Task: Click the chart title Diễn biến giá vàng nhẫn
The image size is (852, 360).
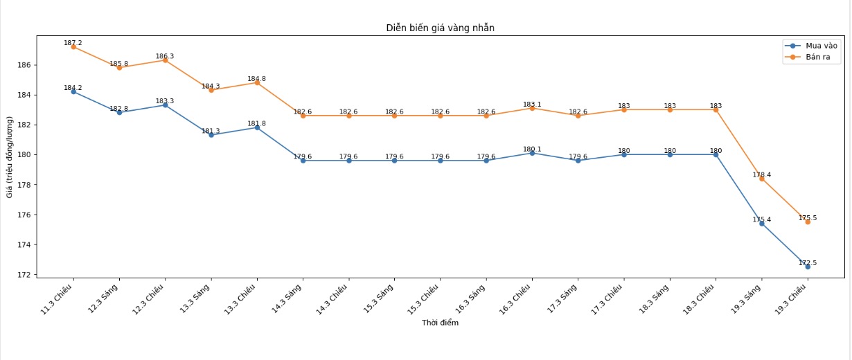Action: [x=440, y=28]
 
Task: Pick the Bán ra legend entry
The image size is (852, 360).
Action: [x=817, y=57]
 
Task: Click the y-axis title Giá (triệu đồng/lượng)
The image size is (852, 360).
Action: [x=10, y=157]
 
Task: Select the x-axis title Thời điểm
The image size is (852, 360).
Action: [x=440, y=323]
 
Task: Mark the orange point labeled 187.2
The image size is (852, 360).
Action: [x=73, y=46]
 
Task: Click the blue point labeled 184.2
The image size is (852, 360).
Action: [x=73, y=91]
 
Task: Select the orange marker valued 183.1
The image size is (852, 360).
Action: [x=532, y=108]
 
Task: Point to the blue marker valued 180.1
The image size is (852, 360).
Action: [x=532, y=153]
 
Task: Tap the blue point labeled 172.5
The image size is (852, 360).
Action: [x=808, y=267]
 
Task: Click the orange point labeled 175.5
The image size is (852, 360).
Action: [x=808, y=222]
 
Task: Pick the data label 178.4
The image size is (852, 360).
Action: [x=762, y=174]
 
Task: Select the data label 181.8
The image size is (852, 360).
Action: [x=257, y=123]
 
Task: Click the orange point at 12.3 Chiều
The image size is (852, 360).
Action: [x=165, y=60]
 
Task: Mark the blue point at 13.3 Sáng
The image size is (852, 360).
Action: [x=211, y=135]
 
